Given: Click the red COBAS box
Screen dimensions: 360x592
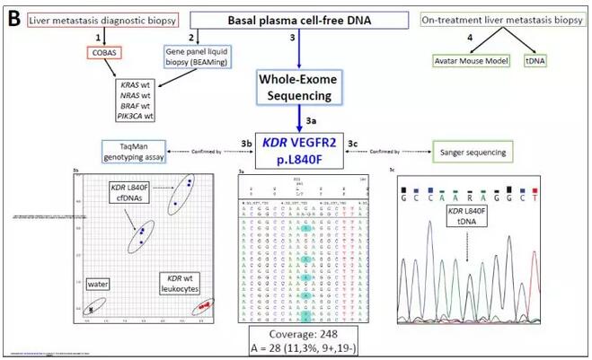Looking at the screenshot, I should [105, 52].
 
